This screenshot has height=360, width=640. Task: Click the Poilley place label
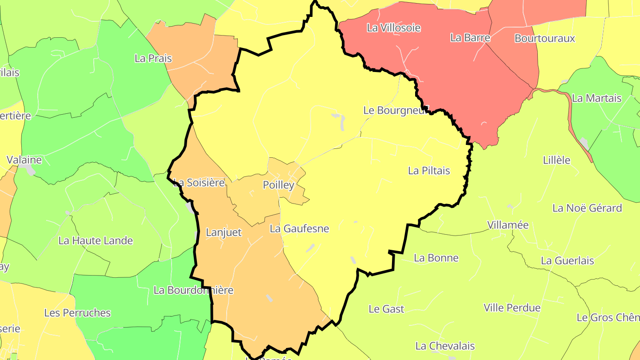tap(279, 185)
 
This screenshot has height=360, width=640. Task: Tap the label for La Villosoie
tap(393, 28)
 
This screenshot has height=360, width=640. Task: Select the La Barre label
tap(470, 38)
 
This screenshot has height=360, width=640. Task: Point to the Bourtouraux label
tap(544, 38)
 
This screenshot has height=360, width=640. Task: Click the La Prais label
tap(153, 58)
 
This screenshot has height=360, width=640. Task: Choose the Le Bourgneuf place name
tap(396, 110)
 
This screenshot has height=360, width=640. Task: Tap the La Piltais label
tap(429, 171)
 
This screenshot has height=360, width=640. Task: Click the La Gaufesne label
tap(299, 229)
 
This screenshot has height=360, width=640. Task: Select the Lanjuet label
tap(224, 232)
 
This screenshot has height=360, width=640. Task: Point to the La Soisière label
tap(199, 182)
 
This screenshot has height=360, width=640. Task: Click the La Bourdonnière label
tap(193, 290)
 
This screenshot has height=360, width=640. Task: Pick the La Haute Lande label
tap(96, 241)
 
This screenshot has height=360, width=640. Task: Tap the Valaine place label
tap(24, 160)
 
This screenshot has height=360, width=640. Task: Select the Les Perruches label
tap(77, 313)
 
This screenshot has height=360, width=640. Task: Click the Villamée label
tap(508, 225)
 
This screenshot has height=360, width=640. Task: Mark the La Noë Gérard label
tap(587, 208)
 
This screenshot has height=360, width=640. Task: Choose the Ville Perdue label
tap(512, 308)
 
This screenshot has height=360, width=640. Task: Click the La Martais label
tap(596, 98)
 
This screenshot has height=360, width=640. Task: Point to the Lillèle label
tap(556, 160)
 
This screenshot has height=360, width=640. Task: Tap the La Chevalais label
tap(445, 346)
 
